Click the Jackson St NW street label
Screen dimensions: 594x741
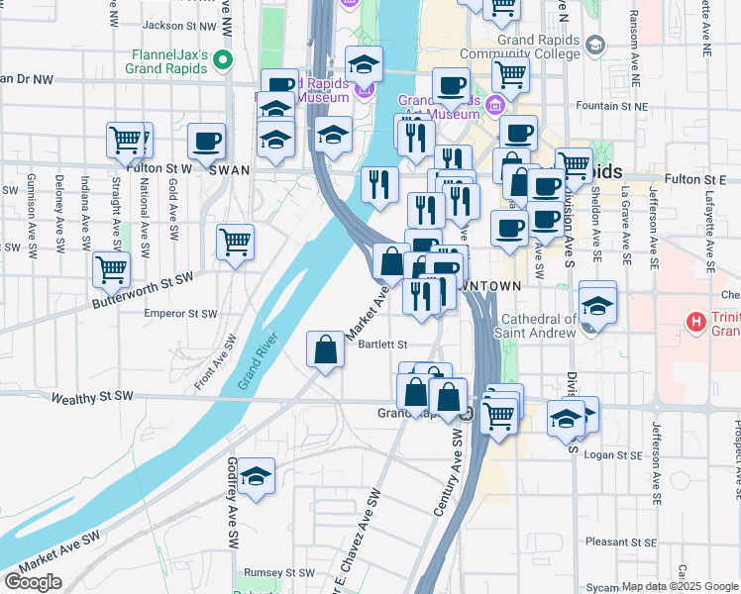point(180,25)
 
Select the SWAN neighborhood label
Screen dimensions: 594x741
point(228,169)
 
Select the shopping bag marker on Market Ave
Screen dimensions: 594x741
point(326,349)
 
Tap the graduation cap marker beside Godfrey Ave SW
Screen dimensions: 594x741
point(256,477)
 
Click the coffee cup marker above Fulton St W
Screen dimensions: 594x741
point(206,142)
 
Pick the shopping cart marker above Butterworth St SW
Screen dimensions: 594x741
point(235,241)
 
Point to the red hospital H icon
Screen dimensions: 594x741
point(697,322)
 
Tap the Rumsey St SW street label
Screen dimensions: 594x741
point(279,572)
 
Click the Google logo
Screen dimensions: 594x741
point(33,582)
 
